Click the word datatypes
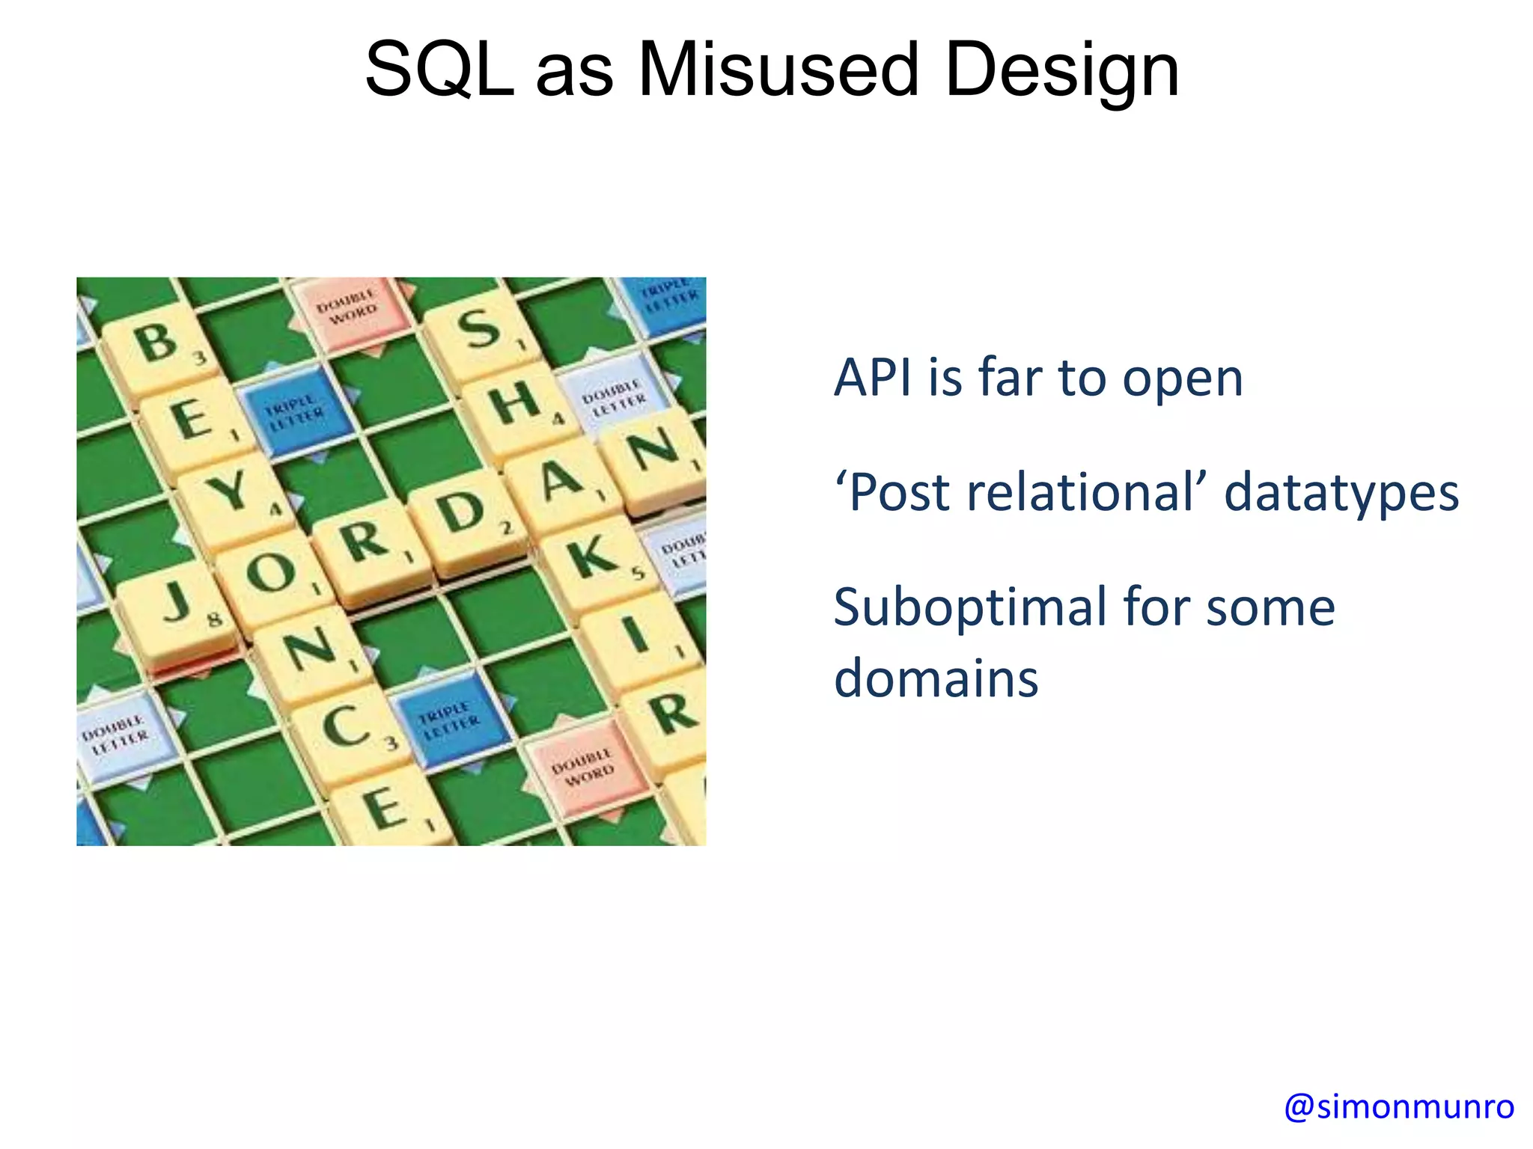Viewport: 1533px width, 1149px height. click(x=1341, y=494)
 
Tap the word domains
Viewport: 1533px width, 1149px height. click(x=936, y=678)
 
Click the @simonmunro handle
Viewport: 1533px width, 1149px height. click(x=1398, y=1106)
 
